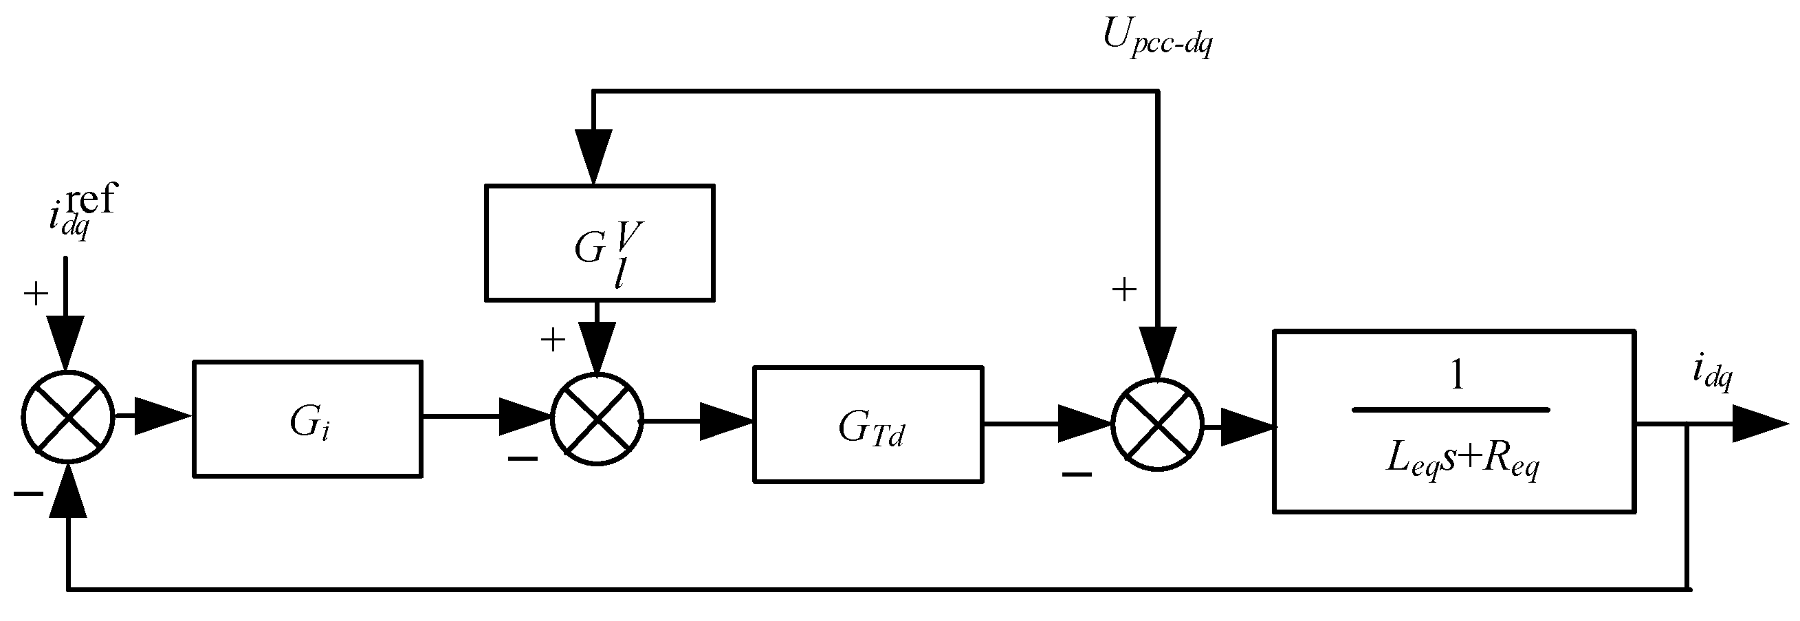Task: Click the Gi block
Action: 307,419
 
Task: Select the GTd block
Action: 868,425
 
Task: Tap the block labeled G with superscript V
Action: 600,242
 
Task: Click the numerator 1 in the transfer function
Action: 1456,378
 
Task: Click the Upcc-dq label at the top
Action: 1157,38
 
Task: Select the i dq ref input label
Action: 80,210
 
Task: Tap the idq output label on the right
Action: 1711,373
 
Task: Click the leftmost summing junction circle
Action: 68,416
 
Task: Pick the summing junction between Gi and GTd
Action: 597,420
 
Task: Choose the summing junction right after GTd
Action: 1157,424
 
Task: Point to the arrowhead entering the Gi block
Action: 161,416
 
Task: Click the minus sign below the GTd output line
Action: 1077,475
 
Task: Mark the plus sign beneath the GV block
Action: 553,340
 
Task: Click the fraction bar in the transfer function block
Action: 1451,410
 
